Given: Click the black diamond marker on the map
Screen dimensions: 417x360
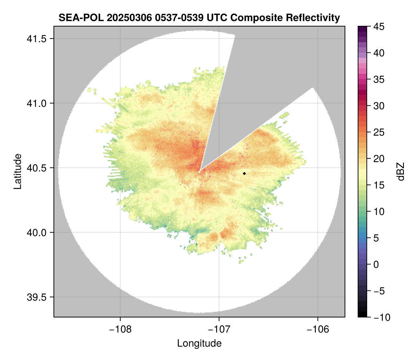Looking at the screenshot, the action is (244, 173).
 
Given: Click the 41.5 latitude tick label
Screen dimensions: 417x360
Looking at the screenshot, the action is (36, 39).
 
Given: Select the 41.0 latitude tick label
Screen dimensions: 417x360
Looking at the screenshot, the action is (36, 103).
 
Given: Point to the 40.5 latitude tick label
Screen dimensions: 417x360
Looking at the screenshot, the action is (36, 168).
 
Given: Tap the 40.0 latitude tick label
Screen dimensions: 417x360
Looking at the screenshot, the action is (36, 232).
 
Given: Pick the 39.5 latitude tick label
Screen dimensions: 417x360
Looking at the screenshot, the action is (36, 297).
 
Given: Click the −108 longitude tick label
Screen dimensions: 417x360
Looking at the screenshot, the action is (120, 330).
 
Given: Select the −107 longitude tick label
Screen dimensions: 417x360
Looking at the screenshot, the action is (219, 330).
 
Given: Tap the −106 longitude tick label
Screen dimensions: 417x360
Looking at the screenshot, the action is (318, 330).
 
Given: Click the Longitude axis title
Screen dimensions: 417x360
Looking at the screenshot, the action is (199, 343).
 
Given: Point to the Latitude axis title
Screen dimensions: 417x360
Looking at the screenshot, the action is (17, 171).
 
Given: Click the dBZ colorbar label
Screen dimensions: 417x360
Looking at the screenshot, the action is (401, 171).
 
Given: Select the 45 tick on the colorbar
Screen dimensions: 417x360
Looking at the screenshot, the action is (379, 27).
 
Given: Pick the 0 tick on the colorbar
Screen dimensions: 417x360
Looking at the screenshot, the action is (376, 265).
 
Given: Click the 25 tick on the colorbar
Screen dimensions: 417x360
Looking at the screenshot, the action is (379, 132).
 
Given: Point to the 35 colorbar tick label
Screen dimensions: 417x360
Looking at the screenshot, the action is (379, 79).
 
